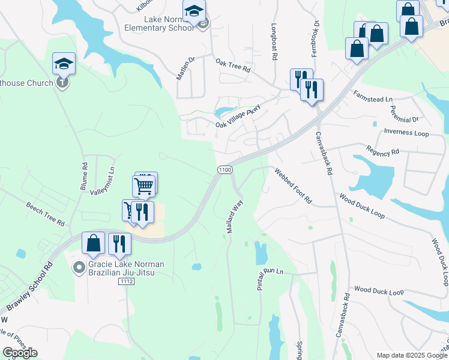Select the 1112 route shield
click(x=126, y=281)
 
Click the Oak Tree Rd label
click(x=232, y=65)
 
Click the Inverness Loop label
click(x=406, y=133)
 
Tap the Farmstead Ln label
click(x=372, y=96)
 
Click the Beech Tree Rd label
click(x=45, y=214)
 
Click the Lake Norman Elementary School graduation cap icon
click(x=194, y=11)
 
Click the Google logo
click(x=20, y=352)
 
